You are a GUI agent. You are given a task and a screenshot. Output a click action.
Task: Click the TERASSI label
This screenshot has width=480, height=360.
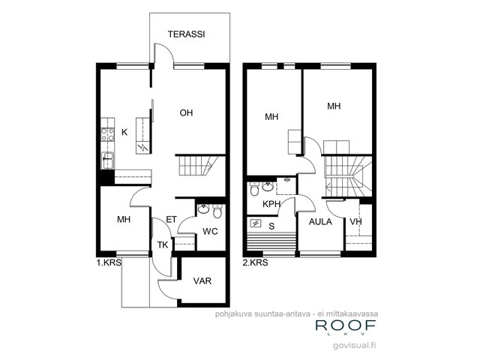point(186,34)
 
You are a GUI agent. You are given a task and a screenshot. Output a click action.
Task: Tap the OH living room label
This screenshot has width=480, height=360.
point(186,113)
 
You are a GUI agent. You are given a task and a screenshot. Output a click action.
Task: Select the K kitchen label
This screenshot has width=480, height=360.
point(124,132)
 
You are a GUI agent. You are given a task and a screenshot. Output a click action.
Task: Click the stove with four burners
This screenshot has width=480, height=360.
point(107,135)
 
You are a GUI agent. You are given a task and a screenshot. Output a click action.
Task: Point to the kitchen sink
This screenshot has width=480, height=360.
point(107,160)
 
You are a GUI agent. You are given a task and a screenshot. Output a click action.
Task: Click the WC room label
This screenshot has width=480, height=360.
point(210,231)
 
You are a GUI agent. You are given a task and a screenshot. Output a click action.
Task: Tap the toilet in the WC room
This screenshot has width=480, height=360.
point(217,211)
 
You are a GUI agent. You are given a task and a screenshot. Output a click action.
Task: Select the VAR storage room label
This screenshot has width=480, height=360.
point(202,280)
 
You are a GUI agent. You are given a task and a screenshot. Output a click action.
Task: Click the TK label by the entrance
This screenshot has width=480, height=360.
point(163,245)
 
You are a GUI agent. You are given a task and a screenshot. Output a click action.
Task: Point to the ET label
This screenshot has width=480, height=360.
point(172,219)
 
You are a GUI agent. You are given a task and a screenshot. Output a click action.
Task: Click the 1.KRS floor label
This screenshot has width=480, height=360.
point(109,262)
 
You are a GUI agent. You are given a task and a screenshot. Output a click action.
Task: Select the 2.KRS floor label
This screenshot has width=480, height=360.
point(255,262)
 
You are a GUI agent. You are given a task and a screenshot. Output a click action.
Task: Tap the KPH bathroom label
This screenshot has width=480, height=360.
point(271,204)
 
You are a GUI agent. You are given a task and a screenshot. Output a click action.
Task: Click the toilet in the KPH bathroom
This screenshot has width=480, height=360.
point(254,189)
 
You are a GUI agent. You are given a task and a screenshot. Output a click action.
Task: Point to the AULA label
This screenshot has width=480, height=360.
point(320,222)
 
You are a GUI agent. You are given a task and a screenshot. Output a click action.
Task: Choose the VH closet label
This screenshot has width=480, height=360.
point(355,222)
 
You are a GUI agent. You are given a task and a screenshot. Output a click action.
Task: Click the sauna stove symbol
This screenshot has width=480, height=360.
point(255,223)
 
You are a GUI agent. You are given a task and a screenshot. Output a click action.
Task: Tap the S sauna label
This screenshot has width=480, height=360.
point(271,226)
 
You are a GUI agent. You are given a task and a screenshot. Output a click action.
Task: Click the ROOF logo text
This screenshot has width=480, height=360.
point(346,325)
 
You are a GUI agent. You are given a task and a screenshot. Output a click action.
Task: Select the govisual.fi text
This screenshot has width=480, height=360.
point(355,345)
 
